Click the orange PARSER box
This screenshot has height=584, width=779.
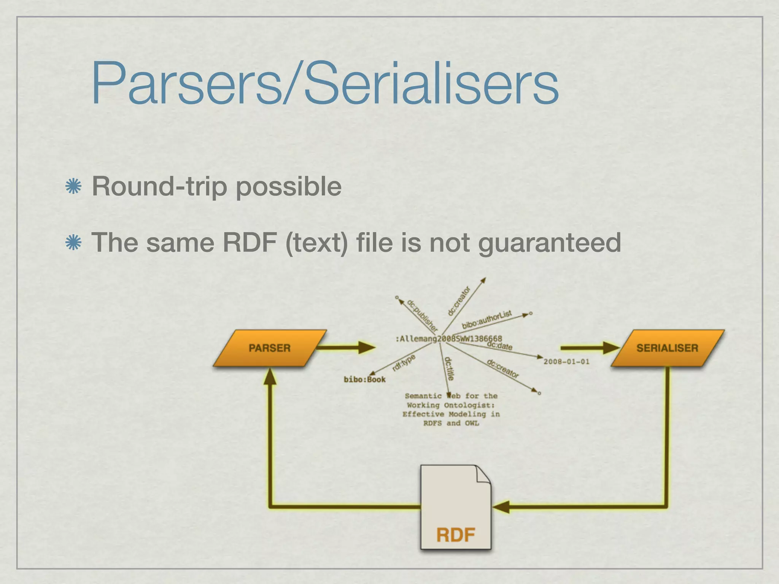point(270,348)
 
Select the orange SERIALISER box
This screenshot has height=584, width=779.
point(668,348)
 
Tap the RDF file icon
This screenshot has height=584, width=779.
point(455,508)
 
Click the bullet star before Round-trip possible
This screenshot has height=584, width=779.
point(73,186)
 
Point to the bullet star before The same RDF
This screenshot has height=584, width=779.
point(73,243)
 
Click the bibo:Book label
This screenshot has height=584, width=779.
point(364,379)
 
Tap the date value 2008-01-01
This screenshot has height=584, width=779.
point(566,362)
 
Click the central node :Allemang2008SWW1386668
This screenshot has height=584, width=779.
point(449,338)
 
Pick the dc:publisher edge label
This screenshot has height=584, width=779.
point(422,315)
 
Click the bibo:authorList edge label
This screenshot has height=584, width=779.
point(487,320)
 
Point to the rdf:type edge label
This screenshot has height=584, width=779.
point(404,363)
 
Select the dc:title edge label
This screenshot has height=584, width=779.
point(449,368)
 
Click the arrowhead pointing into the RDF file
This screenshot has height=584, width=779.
point(501,507)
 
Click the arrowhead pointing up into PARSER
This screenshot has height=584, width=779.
point(270,376)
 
